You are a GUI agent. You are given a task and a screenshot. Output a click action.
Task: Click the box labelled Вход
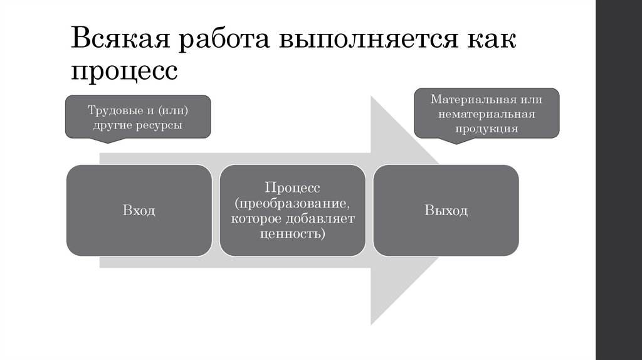[x=139, y=210]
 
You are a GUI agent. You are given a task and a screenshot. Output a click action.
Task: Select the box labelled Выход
[x=446, y=210]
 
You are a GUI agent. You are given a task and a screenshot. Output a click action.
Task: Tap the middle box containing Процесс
[x=292, y=210]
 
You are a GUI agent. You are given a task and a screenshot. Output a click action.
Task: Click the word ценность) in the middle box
[x=292, y=234]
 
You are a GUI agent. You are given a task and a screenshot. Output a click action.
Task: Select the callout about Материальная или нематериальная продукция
[x=487, y=114]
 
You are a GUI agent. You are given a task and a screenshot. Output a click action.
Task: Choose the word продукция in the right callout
[x=487, y=129]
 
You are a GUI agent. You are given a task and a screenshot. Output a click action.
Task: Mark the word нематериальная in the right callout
[x=487, y=114]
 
